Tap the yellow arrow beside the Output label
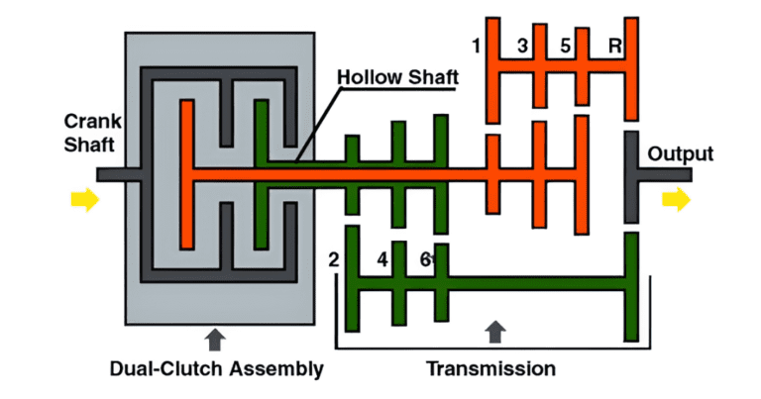[x=677, y=200]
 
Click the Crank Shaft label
[x=91, y=134]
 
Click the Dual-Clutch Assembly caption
[x=217, y=369]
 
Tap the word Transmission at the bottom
[x=490, y=369]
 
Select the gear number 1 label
[x=477, y=46]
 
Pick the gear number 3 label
[x=522, y=46]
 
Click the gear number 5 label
[x=566, y=46]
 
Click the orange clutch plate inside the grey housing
[x=185, y=173]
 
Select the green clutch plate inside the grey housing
[x=262, y=173]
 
